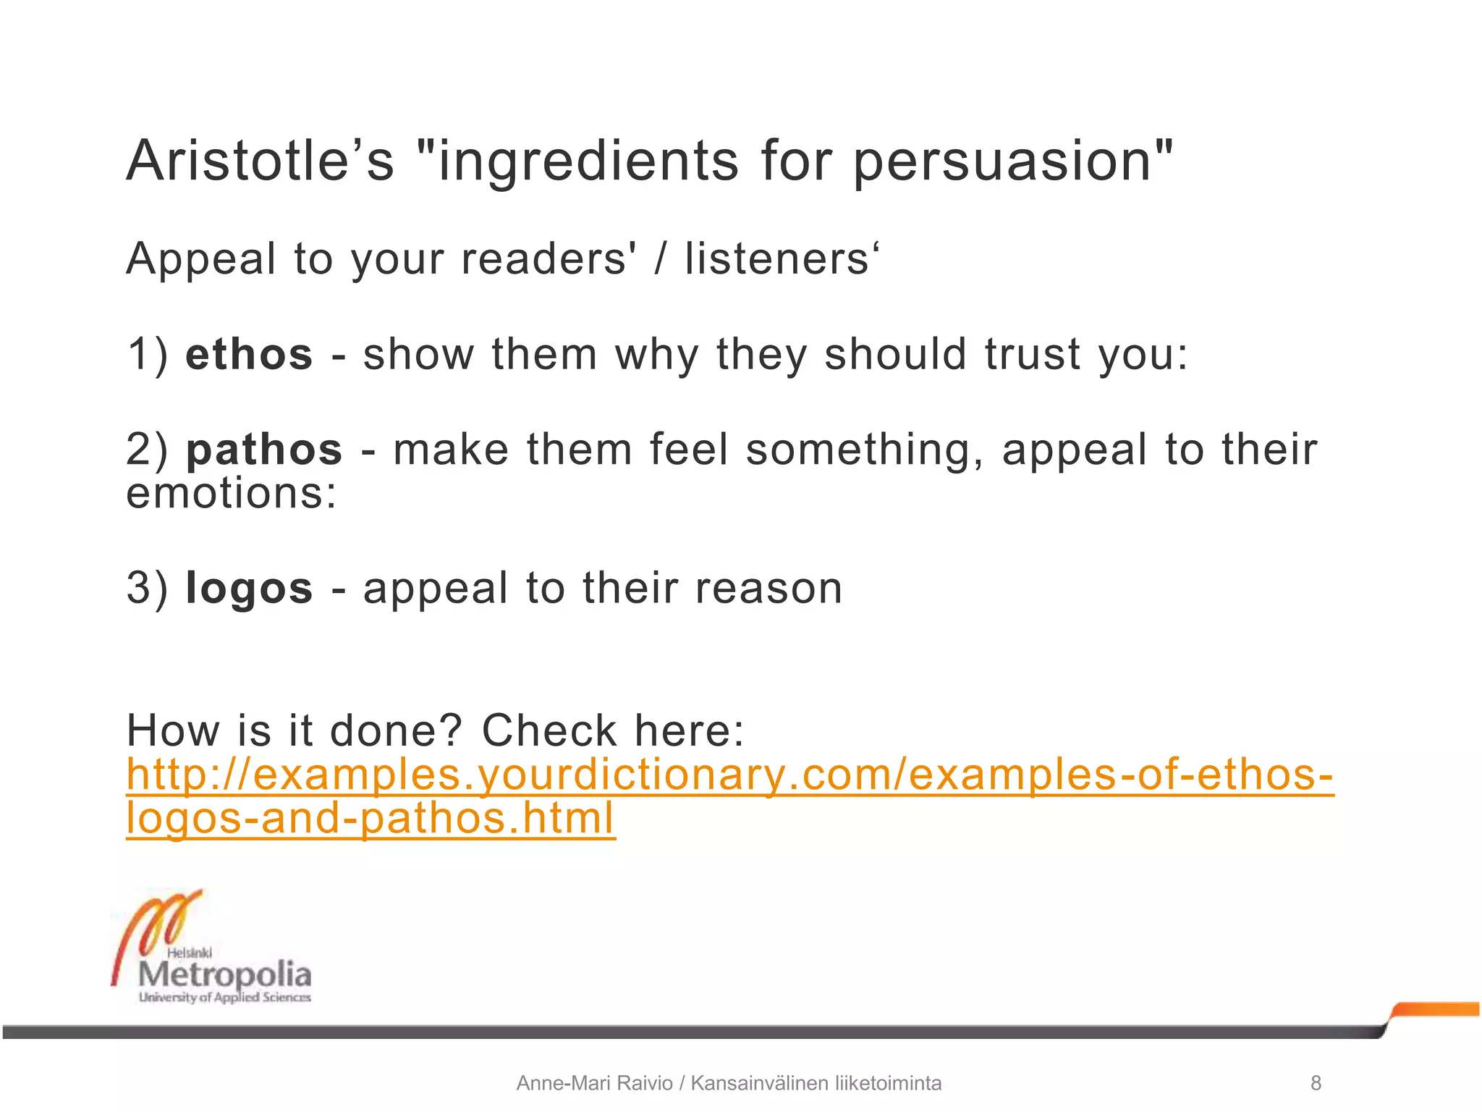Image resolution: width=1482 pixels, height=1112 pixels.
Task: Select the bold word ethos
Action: tap(249, 355)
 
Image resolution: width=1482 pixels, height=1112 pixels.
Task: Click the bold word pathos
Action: tap(264, 450)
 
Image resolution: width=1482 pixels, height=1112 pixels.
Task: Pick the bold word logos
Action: tap(249, 588)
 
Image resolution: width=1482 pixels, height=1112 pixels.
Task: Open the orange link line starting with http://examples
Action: tap(729, 775)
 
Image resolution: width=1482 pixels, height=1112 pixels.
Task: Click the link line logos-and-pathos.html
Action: tap(370, 819)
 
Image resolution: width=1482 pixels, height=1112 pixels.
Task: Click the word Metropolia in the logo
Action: tap(224, 974)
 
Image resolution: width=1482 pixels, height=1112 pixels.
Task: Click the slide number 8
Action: tap(1316, 1083)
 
